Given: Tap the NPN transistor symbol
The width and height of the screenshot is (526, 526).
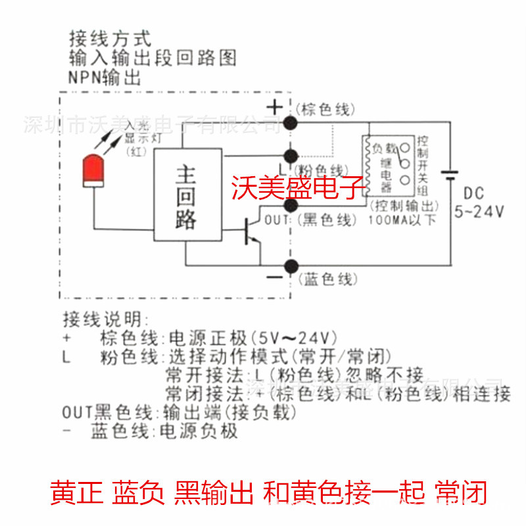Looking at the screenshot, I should [x=251, y=231].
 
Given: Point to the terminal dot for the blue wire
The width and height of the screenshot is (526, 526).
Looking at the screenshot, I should [x=289, y=266].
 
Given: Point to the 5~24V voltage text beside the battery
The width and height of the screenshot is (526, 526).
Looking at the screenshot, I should [x=479, y=212].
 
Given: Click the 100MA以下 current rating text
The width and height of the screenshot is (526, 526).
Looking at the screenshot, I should [x=402, y=220].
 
